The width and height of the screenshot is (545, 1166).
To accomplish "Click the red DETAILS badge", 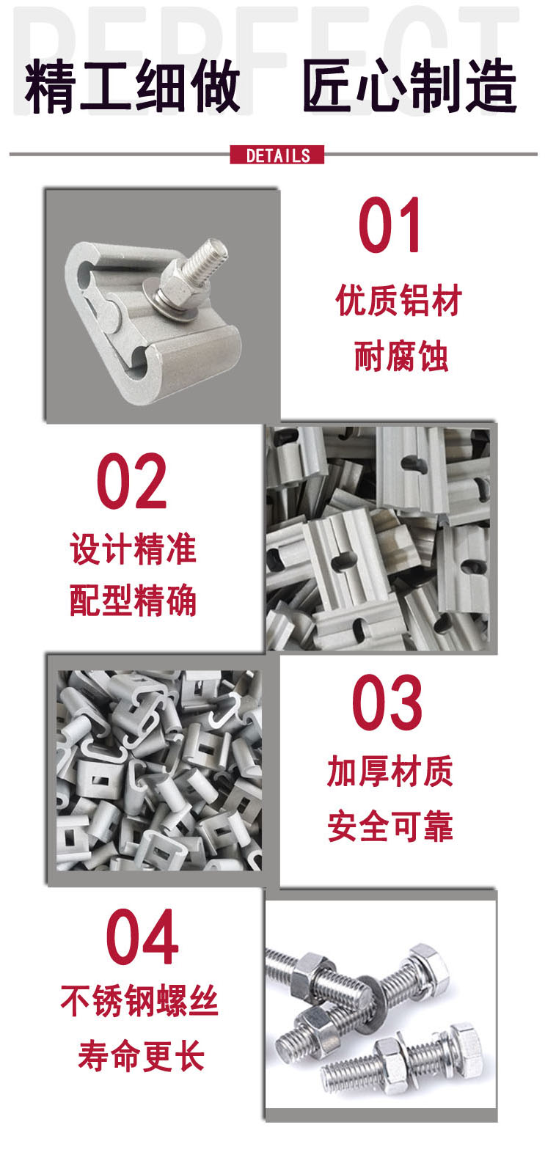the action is click(277, 155).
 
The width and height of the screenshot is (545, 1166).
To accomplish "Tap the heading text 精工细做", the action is click(132, 87).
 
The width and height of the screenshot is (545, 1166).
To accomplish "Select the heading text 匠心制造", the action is click(409, 86).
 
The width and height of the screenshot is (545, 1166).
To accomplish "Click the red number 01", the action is click(389, 225).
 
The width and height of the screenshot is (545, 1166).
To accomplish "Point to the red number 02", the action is click(132, 482).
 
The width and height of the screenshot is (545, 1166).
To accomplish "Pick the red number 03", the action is click(387, 703).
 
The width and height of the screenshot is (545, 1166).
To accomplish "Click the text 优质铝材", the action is click(399, 301).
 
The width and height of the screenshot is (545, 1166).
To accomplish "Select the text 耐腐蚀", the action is click(400, 357).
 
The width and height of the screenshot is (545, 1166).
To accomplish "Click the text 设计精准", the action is click(133, 549).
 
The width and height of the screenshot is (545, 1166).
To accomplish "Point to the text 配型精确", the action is click(133, 601).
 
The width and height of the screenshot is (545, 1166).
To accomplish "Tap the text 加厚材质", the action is click(390, 771).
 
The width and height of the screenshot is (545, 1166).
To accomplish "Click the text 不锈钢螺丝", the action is click(139, 1001).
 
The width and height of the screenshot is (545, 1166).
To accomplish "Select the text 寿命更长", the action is click(141, 1056).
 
